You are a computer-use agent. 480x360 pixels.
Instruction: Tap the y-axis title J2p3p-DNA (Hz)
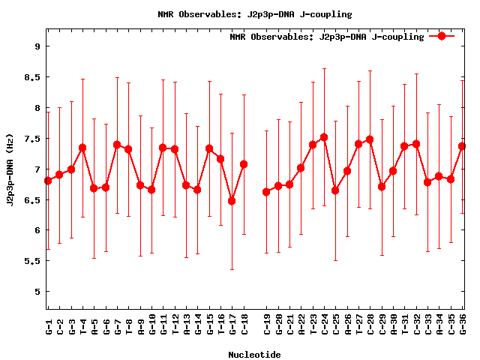point(10,169)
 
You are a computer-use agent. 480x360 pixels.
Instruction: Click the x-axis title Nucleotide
point(254,355)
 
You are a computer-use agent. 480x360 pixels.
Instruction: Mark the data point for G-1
point(48,181)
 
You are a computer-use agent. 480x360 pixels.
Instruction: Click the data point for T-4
point(82,148)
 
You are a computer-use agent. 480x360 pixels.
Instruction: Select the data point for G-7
point(117,145)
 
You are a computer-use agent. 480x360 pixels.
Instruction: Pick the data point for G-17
point(232,201)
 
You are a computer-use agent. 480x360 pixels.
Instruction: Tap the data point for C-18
point(244,164)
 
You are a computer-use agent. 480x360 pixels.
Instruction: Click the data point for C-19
point(266,192)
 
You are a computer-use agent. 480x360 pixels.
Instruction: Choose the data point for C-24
point(324,137)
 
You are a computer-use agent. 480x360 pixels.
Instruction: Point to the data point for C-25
point(335,190)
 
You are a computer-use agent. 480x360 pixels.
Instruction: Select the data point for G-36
point(462,145)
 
